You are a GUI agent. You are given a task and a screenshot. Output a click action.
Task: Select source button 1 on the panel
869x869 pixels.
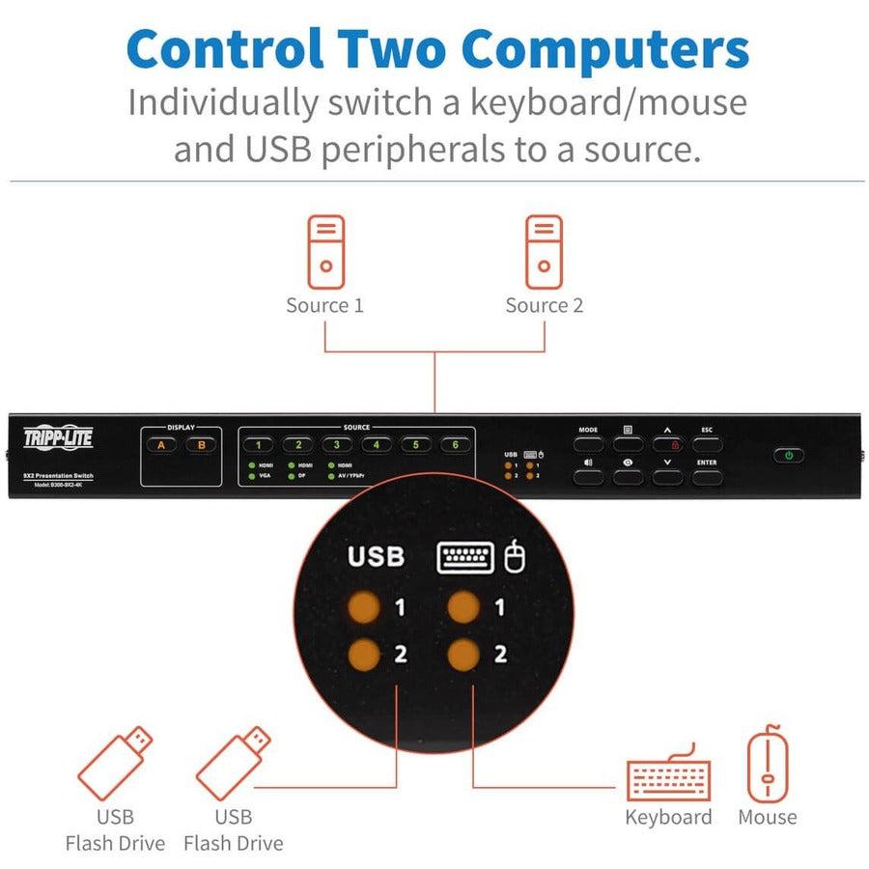click(259, 445)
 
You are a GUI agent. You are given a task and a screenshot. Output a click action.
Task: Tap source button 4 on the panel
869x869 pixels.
click(377, 445)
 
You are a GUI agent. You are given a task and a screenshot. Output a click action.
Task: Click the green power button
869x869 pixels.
click(789, 455)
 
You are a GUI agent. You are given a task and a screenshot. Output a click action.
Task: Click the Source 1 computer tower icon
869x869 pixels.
click(325, 252)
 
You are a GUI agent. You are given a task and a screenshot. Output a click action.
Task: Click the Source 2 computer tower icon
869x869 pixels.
click(544, 252)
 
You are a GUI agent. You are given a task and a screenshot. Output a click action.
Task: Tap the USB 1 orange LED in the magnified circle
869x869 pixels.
click(365, 608)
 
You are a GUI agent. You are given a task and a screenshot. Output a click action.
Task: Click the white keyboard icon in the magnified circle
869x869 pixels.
click(465, 557)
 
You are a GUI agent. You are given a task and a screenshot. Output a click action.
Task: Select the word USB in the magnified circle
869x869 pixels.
click(376, 557)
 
